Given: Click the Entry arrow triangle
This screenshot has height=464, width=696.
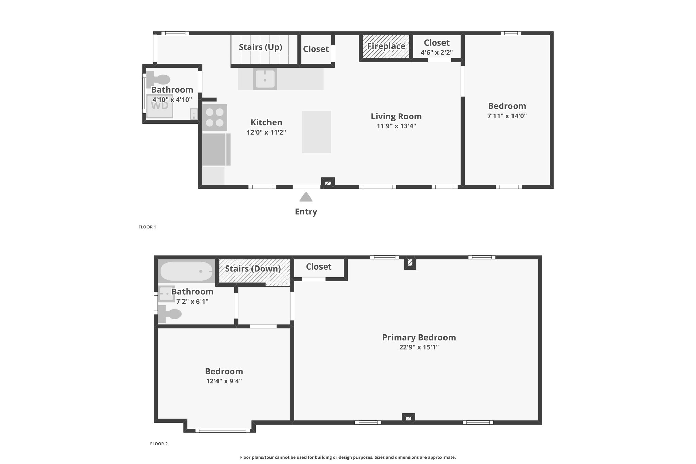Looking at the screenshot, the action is [306, 197].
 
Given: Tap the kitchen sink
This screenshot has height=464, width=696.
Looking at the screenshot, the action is [265, 79].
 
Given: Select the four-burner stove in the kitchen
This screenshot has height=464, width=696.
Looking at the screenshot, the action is [215, 117].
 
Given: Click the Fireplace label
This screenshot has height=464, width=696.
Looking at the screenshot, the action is [386, 46].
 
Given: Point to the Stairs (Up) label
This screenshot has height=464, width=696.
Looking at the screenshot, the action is [260, 47].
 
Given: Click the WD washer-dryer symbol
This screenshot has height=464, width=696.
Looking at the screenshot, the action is [160, 106].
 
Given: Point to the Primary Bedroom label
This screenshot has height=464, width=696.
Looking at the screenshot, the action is [419, 337].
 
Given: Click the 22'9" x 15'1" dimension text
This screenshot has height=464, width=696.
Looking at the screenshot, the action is [419, 347].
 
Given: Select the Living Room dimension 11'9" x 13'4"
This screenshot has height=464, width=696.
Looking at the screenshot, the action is [396, 126].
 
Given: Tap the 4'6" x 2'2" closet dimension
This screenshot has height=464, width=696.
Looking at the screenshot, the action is [437, 52].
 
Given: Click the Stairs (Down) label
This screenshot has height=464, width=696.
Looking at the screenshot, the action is [253, 269].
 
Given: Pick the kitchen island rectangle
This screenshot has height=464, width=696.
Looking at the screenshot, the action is [316, 132].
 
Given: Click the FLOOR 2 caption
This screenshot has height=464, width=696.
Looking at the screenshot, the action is [159, 444].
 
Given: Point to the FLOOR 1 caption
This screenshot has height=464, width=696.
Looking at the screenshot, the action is [147, 227].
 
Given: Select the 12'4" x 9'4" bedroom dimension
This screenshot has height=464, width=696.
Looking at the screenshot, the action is [224, 381].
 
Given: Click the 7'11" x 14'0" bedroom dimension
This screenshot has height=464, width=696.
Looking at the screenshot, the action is [507, 116].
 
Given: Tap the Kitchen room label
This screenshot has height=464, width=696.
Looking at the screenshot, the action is [266, 122].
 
